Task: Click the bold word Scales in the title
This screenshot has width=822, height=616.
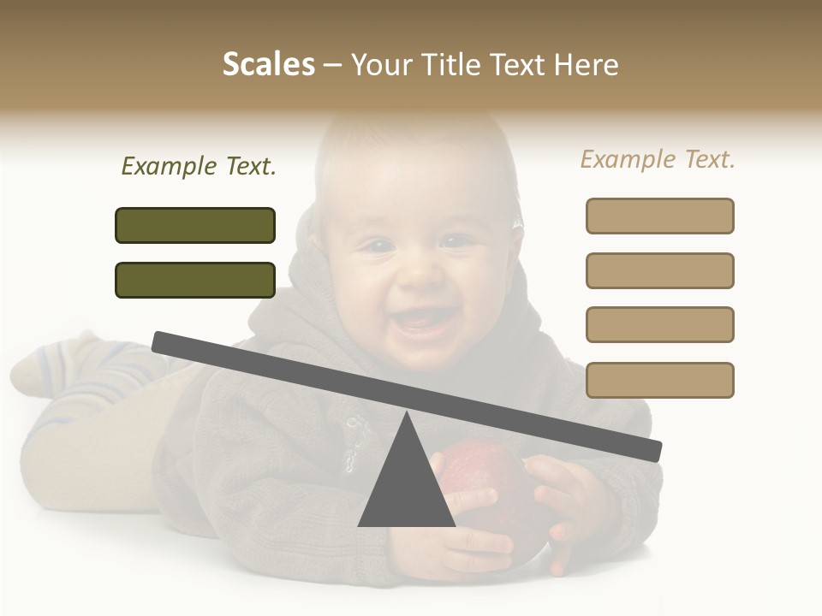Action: [268, 65]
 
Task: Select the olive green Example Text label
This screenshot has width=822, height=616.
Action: [199, 167]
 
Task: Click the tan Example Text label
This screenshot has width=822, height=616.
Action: [658, 159]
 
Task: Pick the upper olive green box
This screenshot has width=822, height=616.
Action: [195, 225]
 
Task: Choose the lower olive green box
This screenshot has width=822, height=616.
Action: [195, 280]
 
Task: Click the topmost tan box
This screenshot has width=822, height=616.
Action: [659, 216]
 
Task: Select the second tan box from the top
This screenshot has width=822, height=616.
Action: [659, 270]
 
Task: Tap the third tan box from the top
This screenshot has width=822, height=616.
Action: [659, 324]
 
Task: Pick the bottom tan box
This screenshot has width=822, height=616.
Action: [659, 380]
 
